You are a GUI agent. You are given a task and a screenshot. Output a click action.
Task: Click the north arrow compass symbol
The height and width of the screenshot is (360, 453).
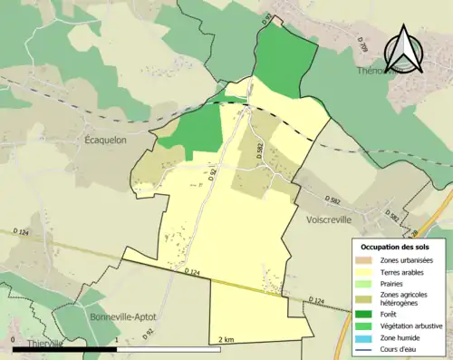[405, 52]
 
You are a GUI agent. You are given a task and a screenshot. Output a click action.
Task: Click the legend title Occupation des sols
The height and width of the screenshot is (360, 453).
[395, 246]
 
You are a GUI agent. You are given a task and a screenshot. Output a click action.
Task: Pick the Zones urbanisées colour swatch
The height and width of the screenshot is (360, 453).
[365, 260]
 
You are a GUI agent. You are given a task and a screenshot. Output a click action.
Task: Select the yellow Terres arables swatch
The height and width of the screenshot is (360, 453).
[365, 272]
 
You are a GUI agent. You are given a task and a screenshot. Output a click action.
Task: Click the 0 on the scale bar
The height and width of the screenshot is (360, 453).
[14, 341]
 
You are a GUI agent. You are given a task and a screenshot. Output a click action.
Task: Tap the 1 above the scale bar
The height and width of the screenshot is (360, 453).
[117, 341]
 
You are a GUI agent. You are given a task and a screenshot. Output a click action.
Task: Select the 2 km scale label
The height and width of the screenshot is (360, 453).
[226, 341]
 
